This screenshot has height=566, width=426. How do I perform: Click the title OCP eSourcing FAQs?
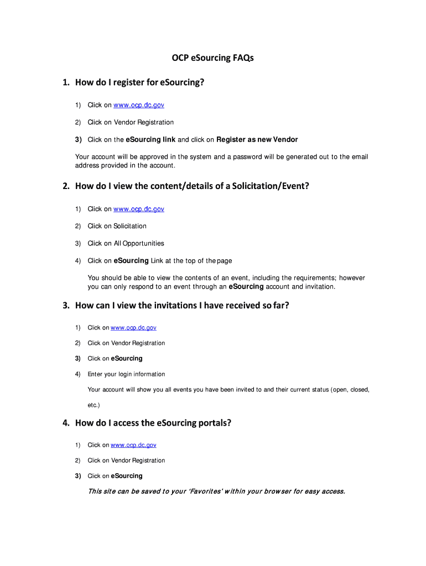[x=212, y=57]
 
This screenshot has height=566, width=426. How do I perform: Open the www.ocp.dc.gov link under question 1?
[x=139, y=105]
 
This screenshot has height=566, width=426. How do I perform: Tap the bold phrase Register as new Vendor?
[x=257, y=139]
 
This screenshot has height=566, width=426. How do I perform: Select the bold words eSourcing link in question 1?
[x=150, y=139]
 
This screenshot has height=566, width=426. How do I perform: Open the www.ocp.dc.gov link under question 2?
[x=139, y=209]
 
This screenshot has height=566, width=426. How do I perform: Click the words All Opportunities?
[x=139, y=243]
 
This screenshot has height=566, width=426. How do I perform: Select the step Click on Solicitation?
[x=117, y=226]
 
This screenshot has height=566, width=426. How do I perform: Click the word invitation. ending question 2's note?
[x=319, y=287]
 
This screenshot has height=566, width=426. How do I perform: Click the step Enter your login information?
[x=126, y=374]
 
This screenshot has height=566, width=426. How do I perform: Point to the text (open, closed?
[x=350, y=390]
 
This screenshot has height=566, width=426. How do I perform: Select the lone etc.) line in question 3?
[x=93, y=405]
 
